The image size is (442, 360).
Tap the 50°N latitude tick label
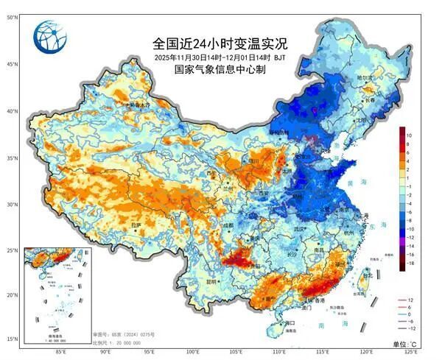click(x=13, y=17)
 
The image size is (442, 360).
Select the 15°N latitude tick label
click(x=13, y=339)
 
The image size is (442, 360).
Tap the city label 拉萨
click(x=136, y=225)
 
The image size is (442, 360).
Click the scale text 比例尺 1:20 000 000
click(x=116, y=344)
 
